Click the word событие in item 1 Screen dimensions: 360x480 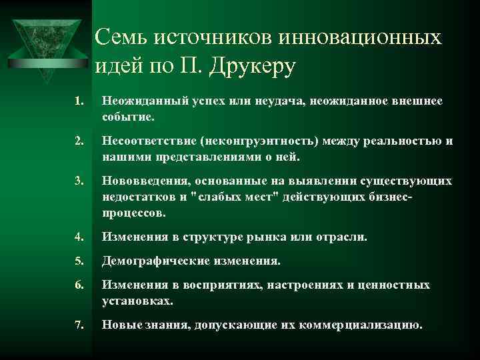click(x=127, y=116)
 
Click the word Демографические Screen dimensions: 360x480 click(x=153, y=261)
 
